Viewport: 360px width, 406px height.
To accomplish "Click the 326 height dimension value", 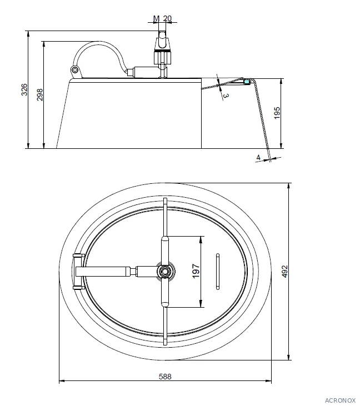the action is (24, 89).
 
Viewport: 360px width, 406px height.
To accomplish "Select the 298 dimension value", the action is (39, 94).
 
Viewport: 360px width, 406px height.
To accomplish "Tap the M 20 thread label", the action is (162, 18).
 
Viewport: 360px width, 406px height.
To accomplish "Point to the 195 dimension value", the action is (277, 113).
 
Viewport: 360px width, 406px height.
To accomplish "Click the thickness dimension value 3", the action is (226, 96).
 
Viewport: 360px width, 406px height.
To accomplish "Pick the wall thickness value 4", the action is (258, 157).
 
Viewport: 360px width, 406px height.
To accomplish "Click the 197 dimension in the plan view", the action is (196, 271).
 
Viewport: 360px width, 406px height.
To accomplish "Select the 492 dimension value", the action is (284, 272).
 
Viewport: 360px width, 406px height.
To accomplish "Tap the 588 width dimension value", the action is (165, 377).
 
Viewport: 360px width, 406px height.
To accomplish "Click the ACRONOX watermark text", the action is (341, 400).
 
